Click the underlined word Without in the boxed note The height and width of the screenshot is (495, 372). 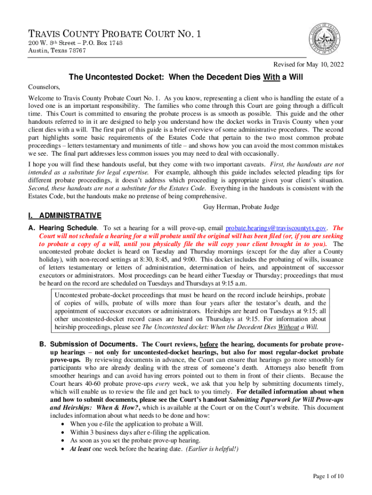289,327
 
